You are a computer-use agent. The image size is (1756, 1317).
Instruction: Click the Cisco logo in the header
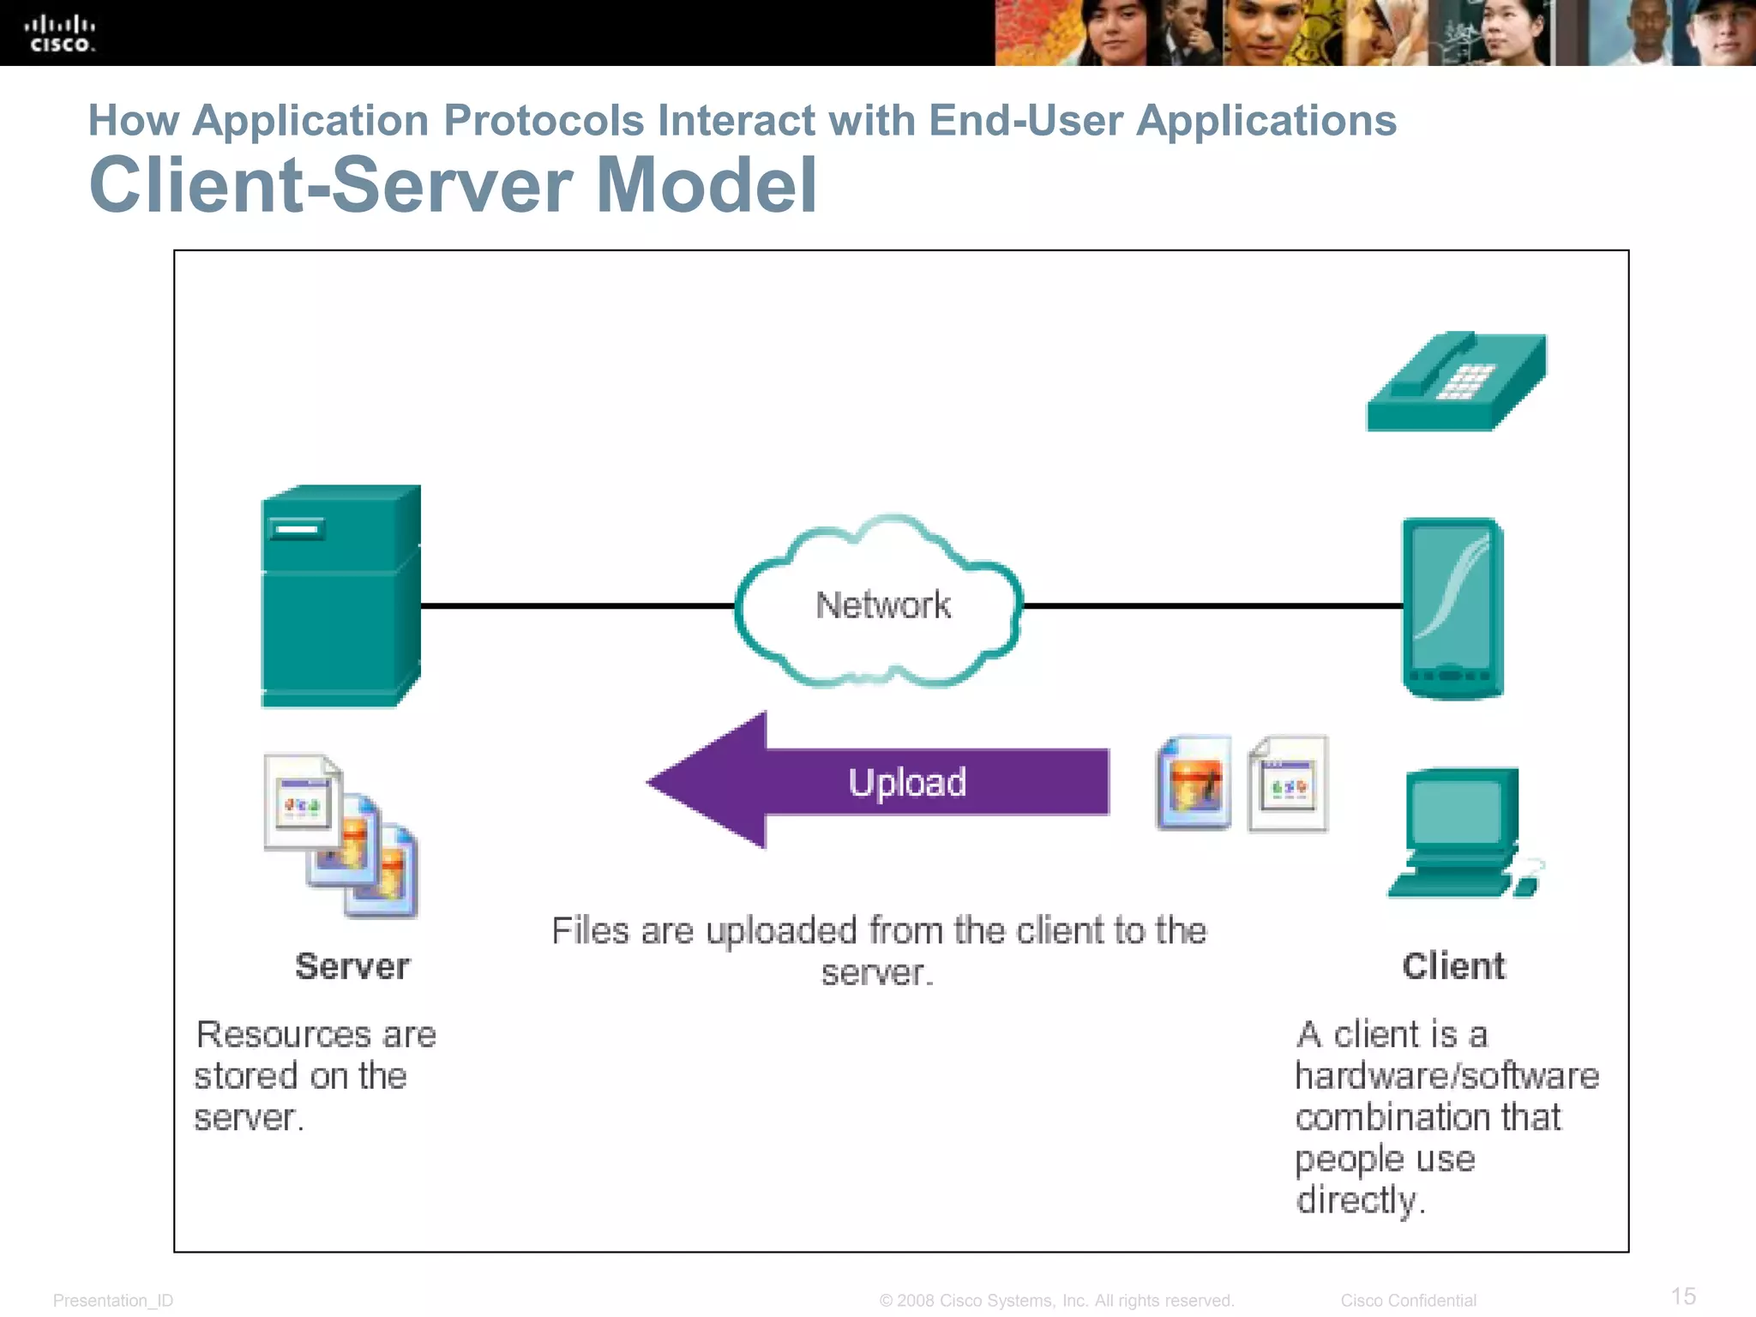59,33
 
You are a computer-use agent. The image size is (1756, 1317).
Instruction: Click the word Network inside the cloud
882,605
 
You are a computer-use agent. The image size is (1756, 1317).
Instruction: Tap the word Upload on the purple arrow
907,782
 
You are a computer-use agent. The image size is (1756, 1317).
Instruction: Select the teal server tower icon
340,597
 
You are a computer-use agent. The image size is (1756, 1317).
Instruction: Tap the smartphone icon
1452,608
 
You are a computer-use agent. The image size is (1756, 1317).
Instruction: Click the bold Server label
352,966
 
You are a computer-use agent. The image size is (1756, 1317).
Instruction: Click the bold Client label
1453,966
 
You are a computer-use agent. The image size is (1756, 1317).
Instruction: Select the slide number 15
1683,1296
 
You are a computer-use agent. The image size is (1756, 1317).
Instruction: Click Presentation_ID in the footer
113,1301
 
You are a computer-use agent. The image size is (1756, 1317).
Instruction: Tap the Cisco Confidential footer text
1408,1301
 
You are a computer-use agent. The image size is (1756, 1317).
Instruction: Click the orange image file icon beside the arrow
1194,783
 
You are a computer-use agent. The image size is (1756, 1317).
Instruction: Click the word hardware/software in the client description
1446,1076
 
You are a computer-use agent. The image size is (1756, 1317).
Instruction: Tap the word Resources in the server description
283,1035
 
